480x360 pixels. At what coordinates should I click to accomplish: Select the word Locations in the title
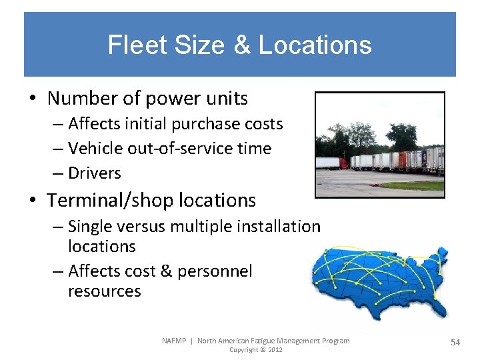[x=315, y=45]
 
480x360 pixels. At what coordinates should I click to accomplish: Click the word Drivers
[x=95, y=173]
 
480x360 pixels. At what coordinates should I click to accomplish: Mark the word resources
[x=105, y=291]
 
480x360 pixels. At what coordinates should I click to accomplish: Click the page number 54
[x=455, y=342]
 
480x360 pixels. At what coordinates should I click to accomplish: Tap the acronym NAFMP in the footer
[x=174, y=341]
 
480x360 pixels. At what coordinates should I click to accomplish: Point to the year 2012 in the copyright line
[x=275, y=350]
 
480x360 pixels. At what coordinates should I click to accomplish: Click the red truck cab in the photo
[x=344, y=163]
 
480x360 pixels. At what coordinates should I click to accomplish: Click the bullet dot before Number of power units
[x=33, y=99]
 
